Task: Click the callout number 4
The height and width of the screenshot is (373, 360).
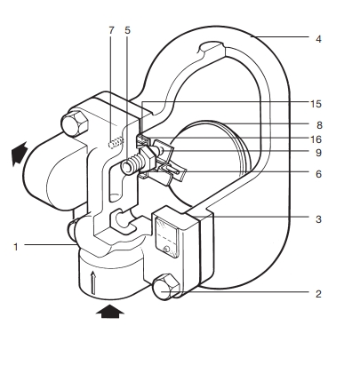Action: (x=318, y=39)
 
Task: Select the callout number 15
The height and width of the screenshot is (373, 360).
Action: (x=316, y=104)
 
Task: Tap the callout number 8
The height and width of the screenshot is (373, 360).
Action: (x=319, y=125)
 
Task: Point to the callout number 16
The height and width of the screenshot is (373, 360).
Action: (x=316, y=139)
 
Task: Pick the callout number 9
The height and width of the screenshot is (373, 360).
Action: (x=318, y=153)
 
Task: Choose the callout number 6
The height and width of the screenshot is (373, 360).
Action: (x=318, y=174)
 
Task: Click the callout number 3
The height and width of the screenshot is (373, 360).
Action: (x=318, y=219)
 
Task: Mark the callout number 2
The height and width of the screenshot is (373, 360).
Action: (x=318, y=294)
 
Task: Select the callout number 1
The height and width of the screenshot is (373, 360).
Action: (x=16, y=247)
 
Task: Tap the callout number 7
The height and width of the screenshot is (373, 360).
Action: (x=111, y=30)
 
